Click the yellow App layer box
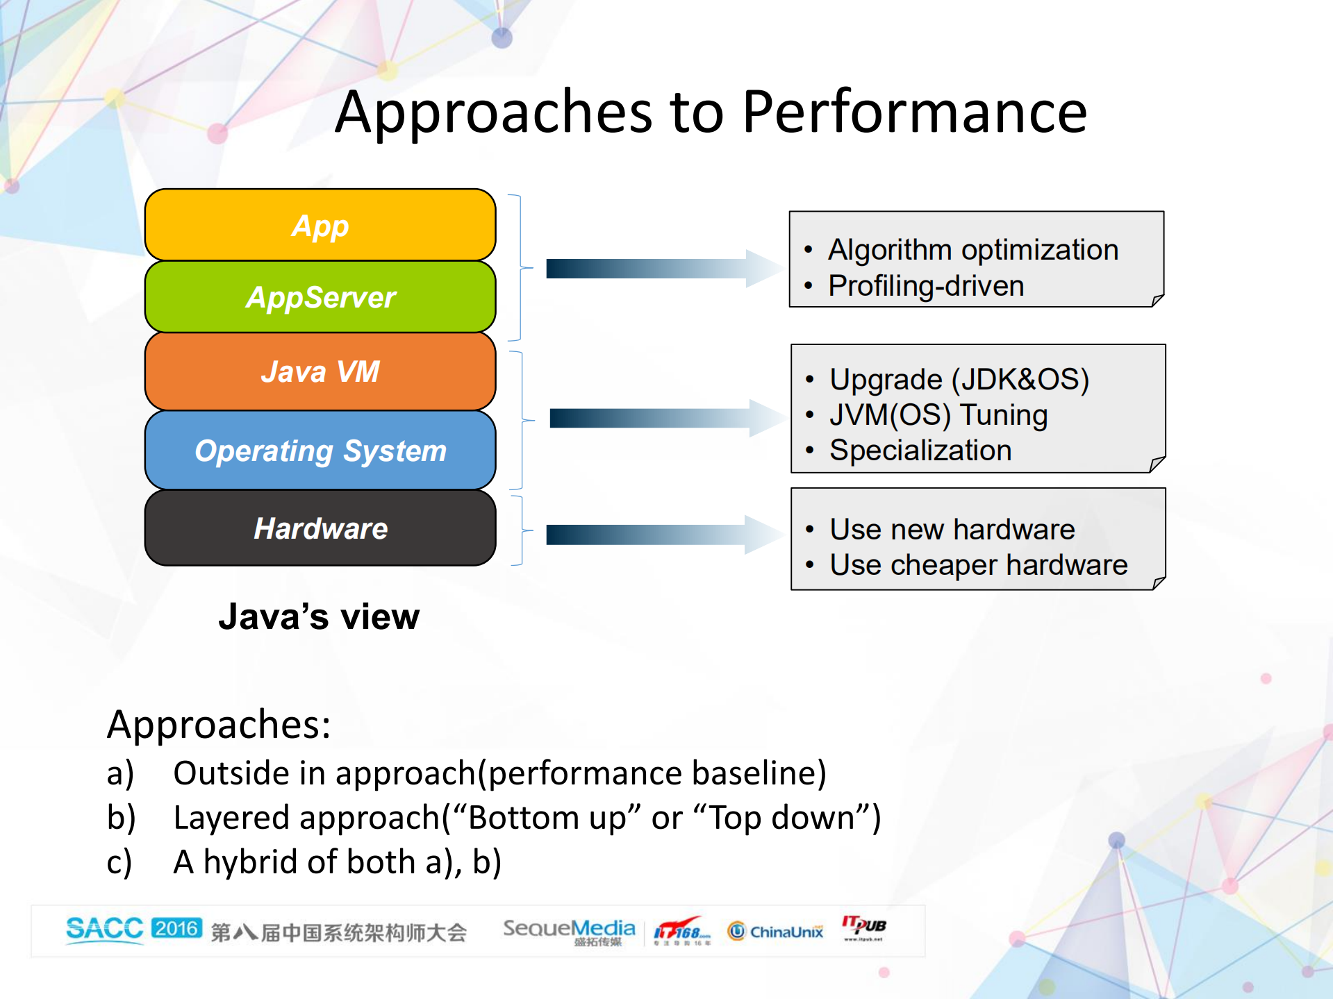[x=320, y=226]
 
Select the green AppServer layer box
[x=320, y=297]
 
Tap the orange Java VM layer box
[x=320, y=371]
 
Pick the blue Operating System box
[x=320, y=451]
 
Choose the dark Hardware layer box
[x=320, y=528]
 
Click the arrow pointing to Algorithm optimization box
[x=660, y=269]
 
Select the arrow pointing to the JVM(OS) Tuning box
[x=663, y=418]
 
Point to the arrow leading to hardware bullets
[x=660, y=535]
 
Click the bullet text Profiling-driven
[x=926, y=286]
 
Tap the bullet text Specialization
[x=920, y=451]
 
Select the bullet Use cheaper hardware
[x=978, y=565]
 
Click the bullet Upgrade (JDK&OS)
[x=959, y=379]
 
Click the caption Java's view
[x=319, y=616]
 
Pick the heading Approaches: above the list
[x=219, y=725]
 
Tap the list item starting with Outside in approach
[x=499, y=773]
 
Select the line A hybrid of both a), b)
[x=337, y=862]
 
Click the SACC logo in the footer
[x=104, y=929]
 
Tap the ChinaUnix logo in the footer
[x=776, y=931]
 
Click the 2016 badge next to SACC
[x=176, y=928]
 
